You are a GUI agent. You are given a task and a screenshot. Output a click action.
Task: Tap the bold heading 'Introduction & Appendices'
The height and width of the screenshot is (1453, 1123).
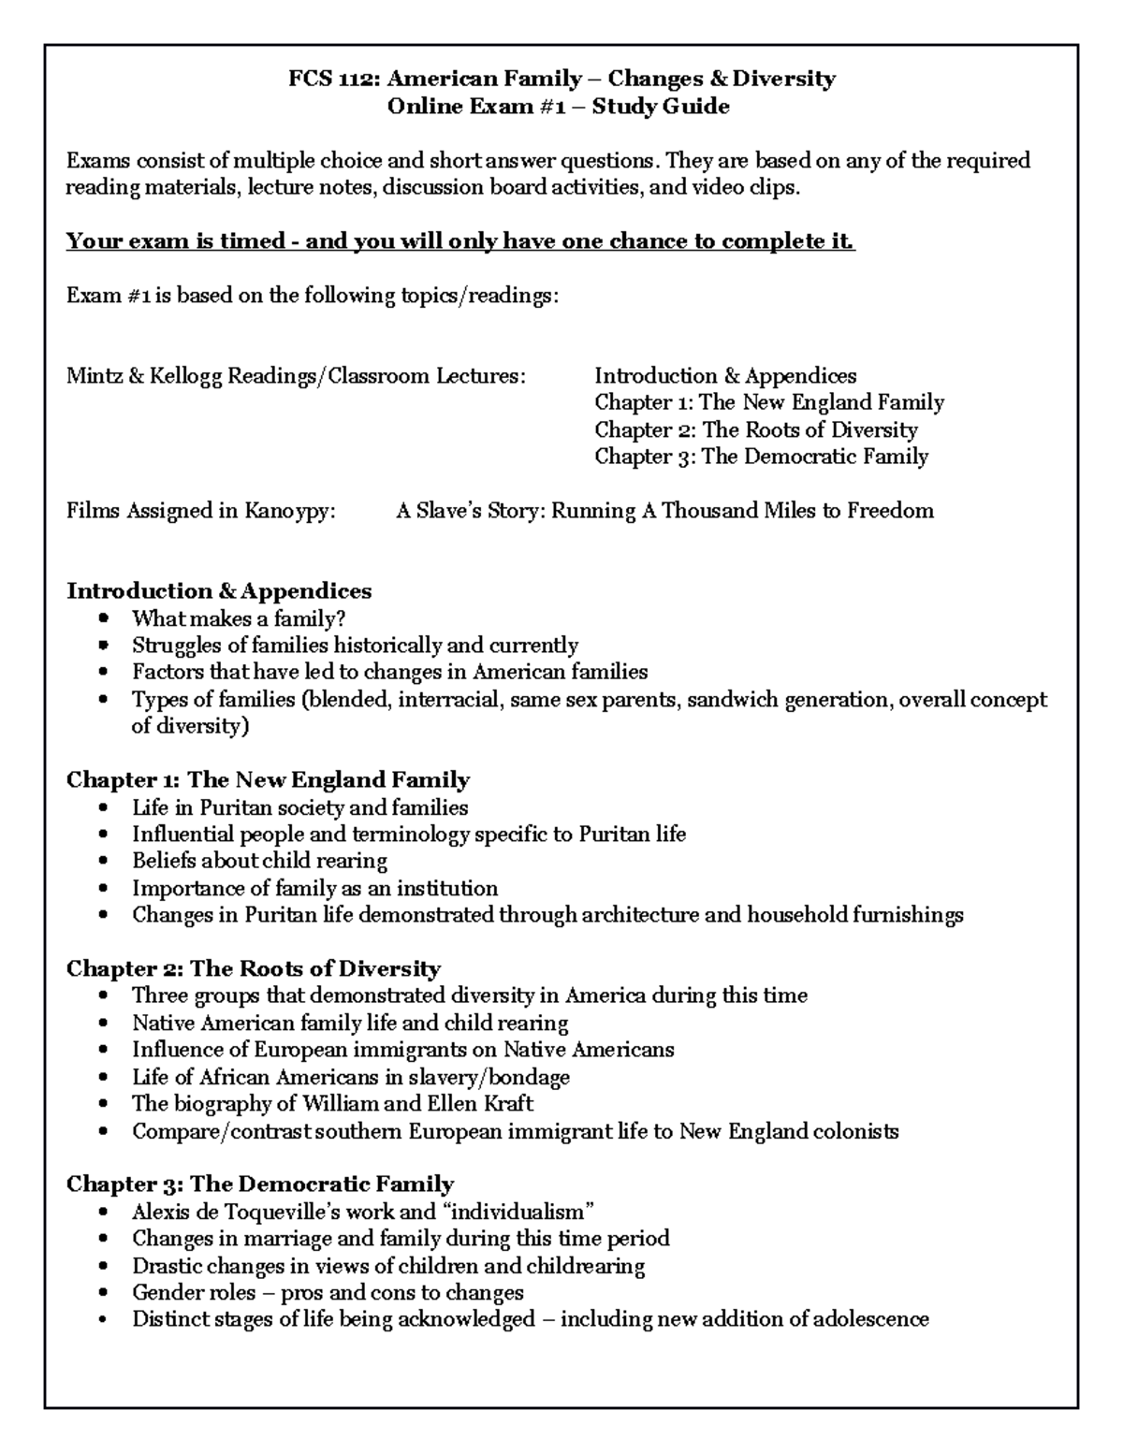click(x=219, y=591)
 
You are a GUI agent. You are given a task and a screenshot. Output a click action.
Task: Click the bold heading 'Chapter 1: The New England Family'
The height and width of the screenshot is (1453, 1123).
click(x=268, y=780)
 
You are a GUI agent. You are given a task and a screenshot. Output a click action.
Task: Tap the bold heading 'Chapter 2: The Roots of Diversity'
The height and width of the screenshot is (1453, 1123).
click(x=253, y=969)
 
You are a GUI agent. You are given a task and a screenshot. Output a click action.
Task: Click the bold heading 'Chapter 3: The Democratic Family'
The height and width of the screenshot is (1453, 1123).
click(x=259, y=1184)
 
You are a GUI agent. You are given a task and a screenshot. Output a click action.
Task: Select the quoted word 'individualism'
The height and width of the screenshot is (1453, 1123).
click(x=522, y=1213)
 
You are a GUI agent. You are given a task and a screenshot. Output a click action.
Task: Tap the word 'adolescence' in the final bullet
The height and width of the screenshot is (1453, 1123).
click(x=870, y=1320)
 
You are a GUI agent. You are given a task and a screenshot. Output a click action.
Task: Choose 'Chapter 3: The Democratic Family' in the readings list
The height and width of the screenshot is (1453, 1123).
click(x=761, y=457)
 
